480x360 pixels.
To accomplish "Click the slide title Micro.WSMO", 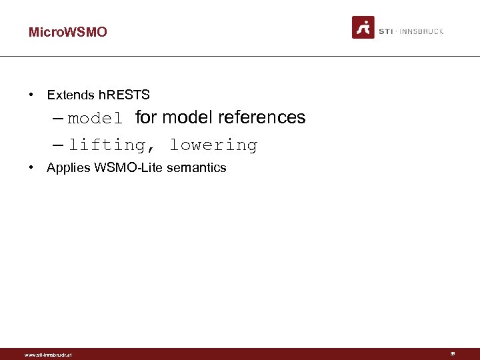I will [67, 32].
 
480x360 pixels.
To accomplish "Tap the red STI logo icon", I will [363, 27].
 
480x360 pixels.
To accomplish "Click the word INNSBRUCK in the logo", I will [421, 31].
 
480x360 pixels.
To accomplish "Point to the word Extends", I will [71, 95].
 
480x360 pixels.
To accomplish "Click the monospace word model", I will [95, 119].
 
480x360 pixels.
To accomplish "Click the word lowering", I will [213, 145].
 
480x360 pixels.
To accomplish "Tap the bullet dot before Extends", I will [32, 95].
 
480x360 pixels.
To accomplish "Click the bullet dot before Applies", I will [32, 168].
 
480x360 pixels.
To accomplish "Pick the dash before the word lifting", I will [57, 145].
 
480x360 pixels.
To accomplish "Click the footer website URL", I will [47, 355].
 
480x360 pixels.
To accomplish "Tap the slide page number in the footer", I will [453, 354].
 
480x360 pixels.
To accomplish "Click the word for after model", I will [146, 118].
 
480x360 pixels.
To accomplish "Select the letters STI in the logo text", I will [385, 31].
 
